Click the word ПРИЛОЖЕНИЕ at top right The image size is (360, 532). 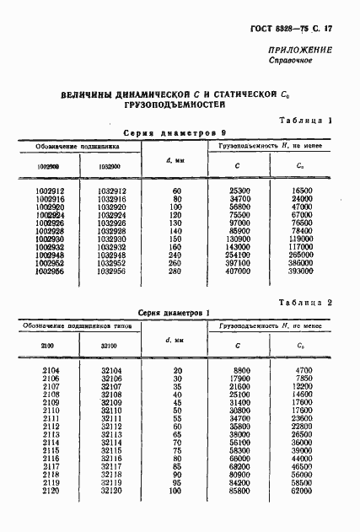(x=300, y=50)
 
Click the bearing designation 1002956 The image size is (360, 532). (x=51, y=271)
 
